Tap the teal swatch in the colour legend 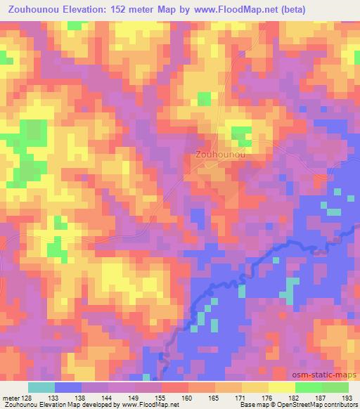tap(41, 387)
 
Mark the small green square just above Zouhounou tap(242, 133)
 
